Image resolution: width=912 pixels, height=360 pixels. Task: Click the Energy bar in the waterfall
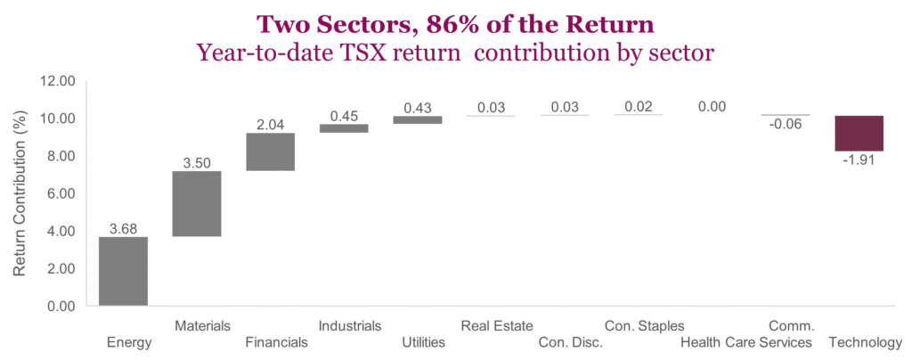coord(123,271)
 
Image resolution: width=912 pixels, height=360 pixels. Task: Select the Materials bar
coord(196,203)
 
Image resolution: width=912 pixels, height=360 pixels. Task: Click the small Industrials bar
coord(344,128)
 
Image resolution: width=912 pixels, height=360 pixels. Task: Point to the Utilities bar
coord(417,119)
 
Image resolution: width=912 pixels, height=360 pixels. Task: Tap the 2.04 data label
coord(270,124)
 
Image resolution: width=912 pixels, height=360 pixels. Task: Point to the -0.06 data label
coord(785,124)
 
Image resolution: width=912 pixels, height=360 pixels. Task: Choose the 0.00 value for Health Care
coord(712,106)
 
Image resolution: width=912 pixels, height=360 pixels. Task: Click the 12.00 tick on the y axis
coord(59,81)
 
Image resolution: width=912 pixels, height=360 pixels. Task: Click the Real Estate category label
coord(491,325)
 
